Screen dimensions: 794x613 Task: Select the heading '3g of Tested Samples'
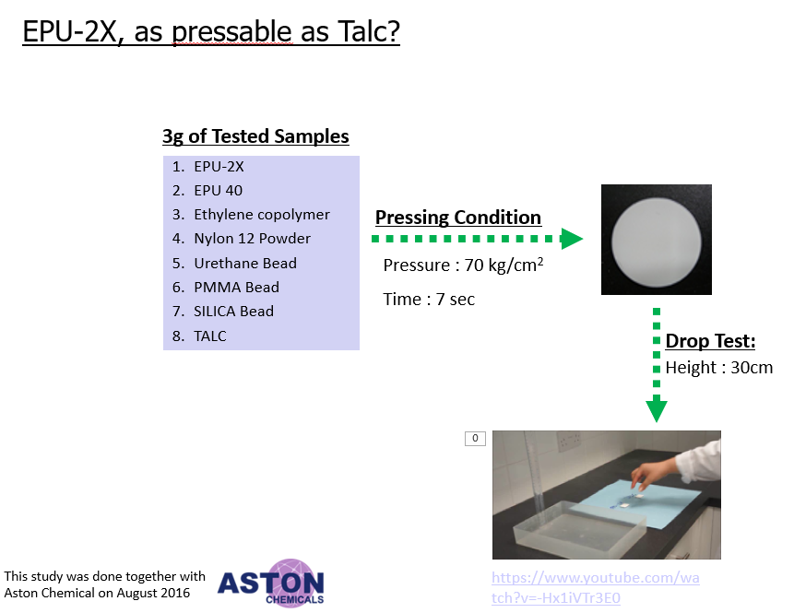click(255, 136)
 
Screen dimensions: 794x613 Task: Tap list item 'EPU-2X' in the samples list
click(219, 167)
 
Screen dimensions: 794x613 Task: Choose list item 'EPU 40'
click(219, 190)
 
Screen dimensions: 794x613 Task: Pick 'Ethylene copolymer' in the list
click(262, 215)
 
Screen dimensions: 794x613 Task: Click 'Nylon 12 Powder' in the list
click(252, 239)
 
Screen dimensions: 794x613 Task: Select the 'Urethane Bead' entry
click(245, 264)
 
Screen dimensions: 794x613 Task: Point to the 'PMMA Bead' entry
click(236, 287)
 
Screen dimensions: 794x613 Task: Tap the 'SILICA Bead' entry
click(233, 312)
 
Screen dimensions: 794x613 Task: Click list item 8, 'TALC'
click(210, 336)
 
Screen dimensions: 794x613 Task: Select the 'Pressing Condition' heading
click(458, 218)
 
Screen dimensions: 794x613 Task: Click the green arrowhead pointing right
click(572, 239)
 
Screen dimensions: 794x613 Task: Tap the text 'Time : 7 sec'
click(429, 300)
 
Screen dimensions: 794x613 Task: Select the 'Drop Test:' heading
click(710, 341)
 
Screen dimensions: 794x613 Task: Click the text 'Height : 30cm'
click(719, 368)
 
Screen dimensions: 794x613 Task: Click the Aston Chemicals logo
click(271, 584)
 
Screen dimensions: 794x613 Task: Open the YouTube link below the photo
click(596, 588)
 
